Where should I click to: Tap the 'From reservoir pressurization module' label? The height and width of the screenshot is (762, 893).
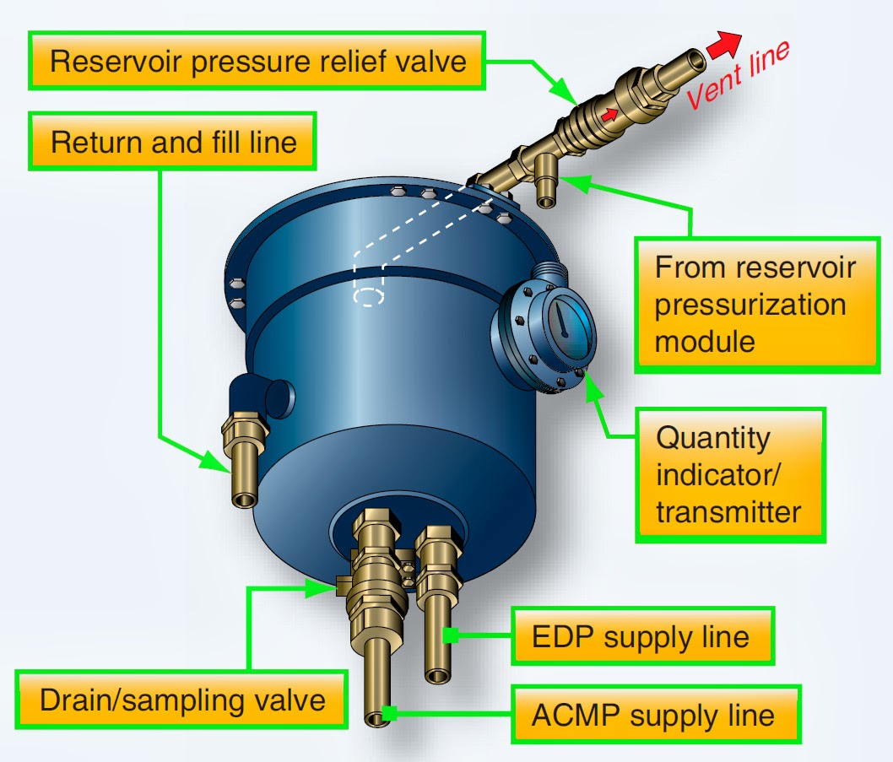tap(754, 305)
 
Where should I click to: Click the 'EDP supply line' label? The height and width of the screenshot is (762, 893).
tap(641, 635)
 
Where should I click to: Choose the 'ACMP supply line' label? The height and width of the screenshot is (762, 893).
tap(652, 716)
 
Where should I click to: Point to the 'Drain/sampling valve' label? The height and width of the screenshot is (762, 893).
tap(182, 700)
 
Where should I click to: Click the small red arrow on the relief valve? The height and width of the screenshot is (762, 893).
tap(609, 114)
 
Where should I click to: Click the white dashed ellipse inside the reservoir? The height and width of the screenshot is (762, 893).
tap(368, 297)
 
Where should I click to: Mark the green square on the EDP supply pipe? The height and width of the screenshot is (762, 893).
tap(452, 635)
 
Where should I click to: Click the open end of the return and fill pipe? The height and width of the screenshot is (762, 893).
tap(245, 499)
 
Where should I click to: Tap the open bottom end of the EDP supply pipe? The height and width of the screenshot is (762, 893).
tap(441, 675)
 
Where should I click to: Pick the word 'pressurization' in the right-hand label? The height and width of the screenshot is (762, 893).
tap(750, 305)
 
